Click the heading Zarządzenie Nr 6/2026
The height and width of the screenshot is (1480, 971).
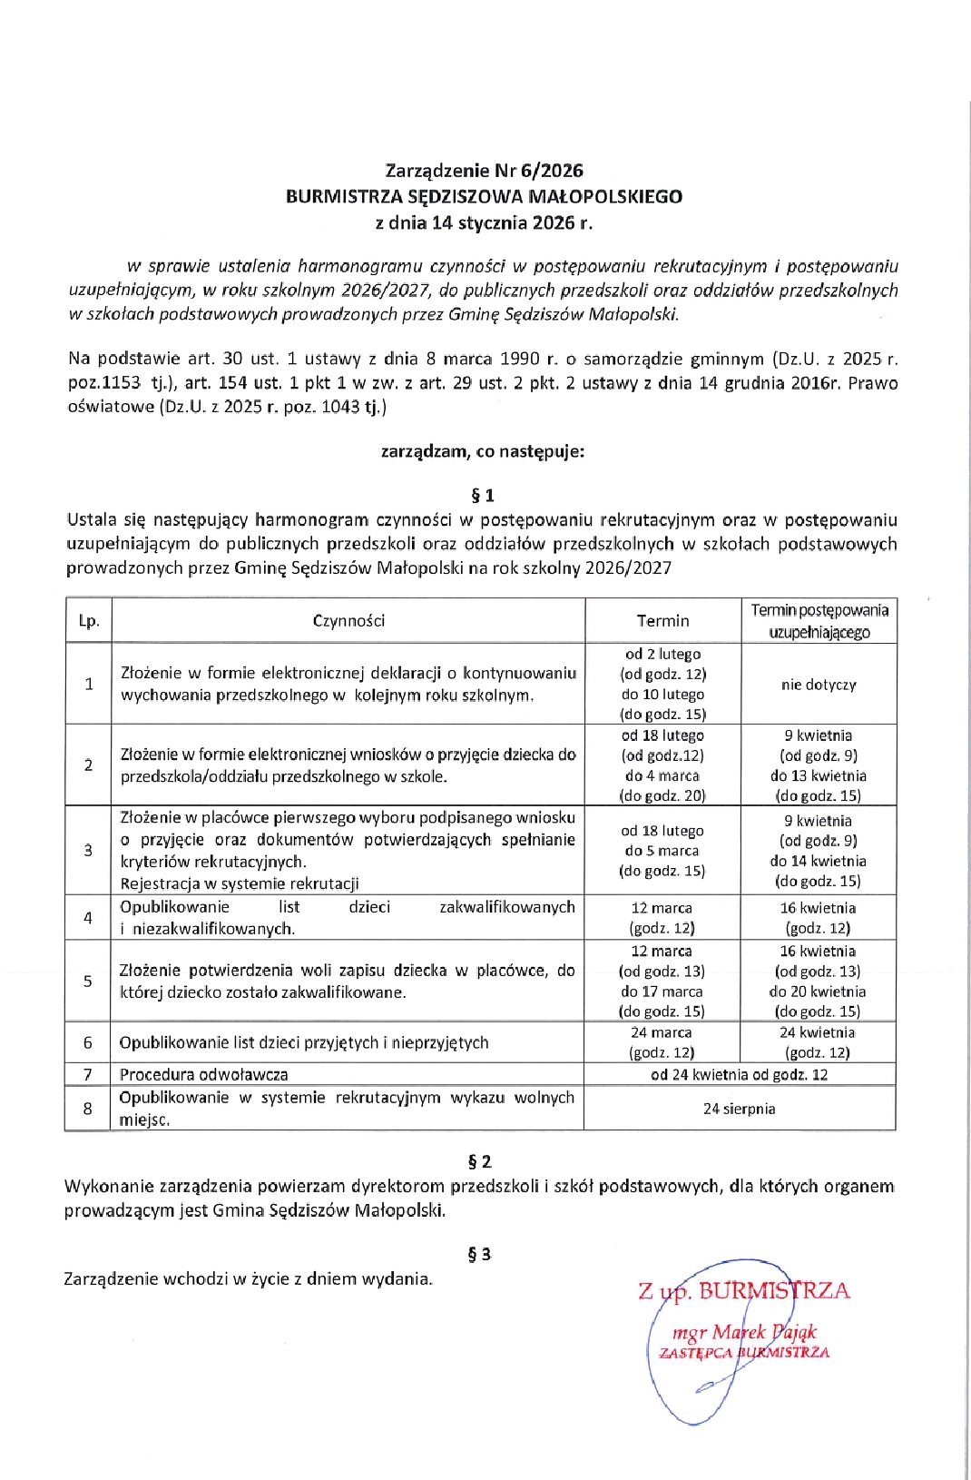coord(484,171)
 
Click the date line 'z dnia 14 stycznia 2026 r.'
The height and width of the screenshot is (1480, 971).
coord(484,222)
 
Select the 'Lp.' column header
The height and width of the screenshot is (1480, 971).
coord(89,621)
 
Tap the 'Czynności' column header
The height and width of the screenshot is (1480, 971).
coord(348,621)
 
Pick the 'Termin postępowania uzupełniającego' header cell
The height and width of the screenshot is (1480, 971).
coord(819,621)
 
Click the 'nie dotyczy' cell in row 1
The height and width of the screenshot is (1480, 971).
coord(819,685)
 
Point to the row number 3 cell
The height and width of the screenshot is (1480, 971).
coord(88,851)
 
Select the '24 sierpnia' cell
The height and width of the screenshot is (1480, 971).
coord(739,1109)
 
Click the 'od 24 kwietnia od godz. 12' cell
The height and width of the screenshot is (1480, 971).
coord(739,1075)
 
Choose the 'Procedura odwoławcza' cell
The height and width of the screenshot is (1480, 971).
coord(204,1075)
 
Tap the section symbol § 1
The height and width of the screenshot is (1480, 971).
coord(482,496)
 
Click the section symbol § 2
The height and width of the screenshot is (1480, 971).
coord(479,1162)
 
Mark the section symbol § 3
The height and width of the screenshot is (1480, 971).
coord(479,1255)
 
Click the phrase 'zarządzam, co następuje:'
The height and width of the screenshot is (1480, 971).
coord(482,451)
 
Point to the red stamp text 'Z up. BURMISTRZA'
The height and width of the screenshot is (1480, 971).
coord(744,1291)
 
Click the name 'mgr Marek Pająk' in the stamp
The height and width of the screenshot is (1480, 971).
coord(744,1333)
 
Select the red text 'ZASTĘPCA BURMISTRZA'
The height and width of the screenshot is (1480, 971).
coord(744,1353)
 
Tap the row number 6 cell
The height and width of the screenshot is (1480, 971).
coord(88,1042)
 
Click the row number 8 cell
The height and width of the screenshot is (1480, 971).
coord(88,1109)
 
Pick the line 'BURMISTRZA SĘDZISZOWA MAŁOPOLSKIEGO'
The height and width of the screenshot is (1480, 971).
coord(484,197)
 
